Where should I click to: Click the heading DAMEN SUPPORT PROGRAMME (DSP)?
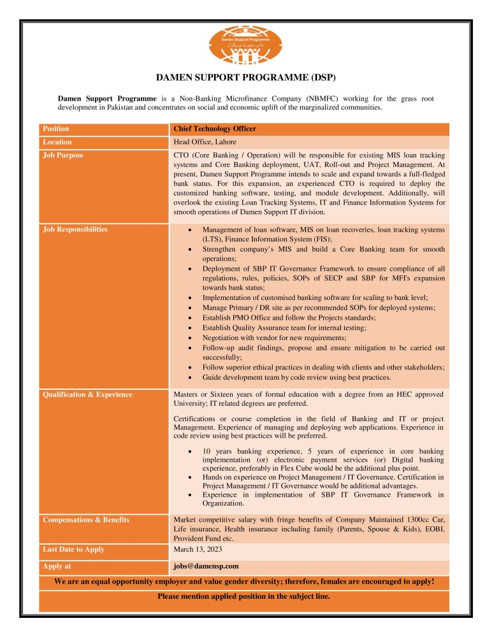pos(245,78)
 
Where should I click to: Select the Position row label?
pos(55,129)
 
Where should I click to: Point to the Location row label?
pos(57,142)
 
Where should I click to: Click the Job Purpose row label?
pos(62,155)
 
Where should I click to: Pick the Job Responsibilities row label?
pos(75,229)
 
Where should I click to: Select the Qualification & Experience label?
pos(87,394)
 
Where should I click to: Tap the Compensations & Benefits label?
pos(85,520)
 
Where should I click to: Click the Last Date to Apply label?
pos(73,549)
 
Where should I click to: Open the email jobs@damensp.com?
pos(206,566)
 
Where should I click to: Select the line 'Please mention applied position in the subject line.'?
pos(244,597)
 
